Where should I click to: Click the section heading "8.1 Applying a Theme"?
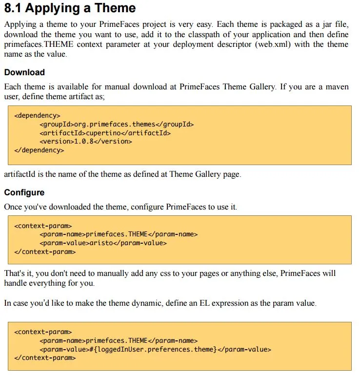[x=70, y=9]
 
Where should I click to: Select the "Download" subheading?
[x=24, y=72]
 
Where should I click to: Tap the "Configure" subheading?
[x=24, y=192]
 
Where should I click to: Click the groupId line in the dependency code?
[x=117, y=124]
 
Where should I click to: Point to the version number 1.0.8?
[x=84, y=141]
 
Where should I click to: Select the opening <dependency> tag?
[x=37, y=116]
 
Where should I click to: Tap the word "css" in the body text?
[x=190, y=273]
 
